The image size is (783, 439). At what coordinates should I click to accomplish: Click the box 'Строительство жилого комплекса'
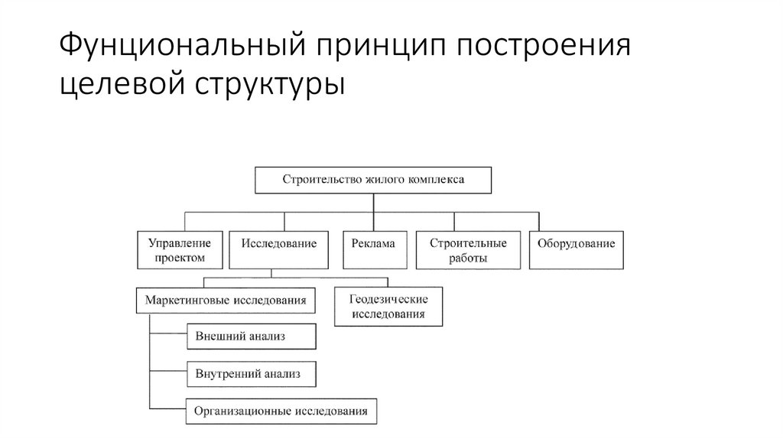tap(373, 180)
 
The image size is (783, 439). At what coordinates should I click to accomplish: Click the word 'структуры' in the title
tap(273, 83)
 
